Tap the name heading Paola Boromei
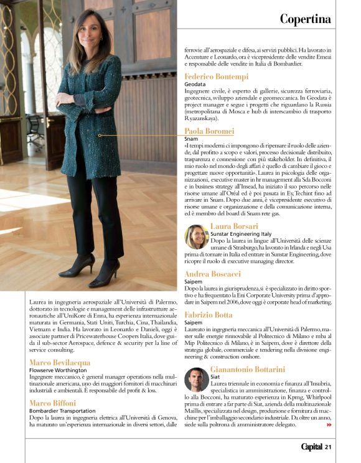coord(209,131)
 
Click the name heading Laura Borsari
coord(234,226)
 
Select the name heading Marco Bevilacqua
coord(60,362)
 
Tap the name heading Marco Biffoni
coord(53,403)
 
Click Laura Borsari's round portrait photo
coord(196,237)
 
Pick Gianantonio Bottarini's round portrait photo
coord(196,380)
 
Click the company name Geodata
coord(195,84)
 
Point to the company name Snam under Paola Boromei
coord(191,139)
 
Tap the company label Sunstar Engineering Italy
coord(241,233)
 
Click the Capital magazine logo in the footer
coord(311,447)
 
